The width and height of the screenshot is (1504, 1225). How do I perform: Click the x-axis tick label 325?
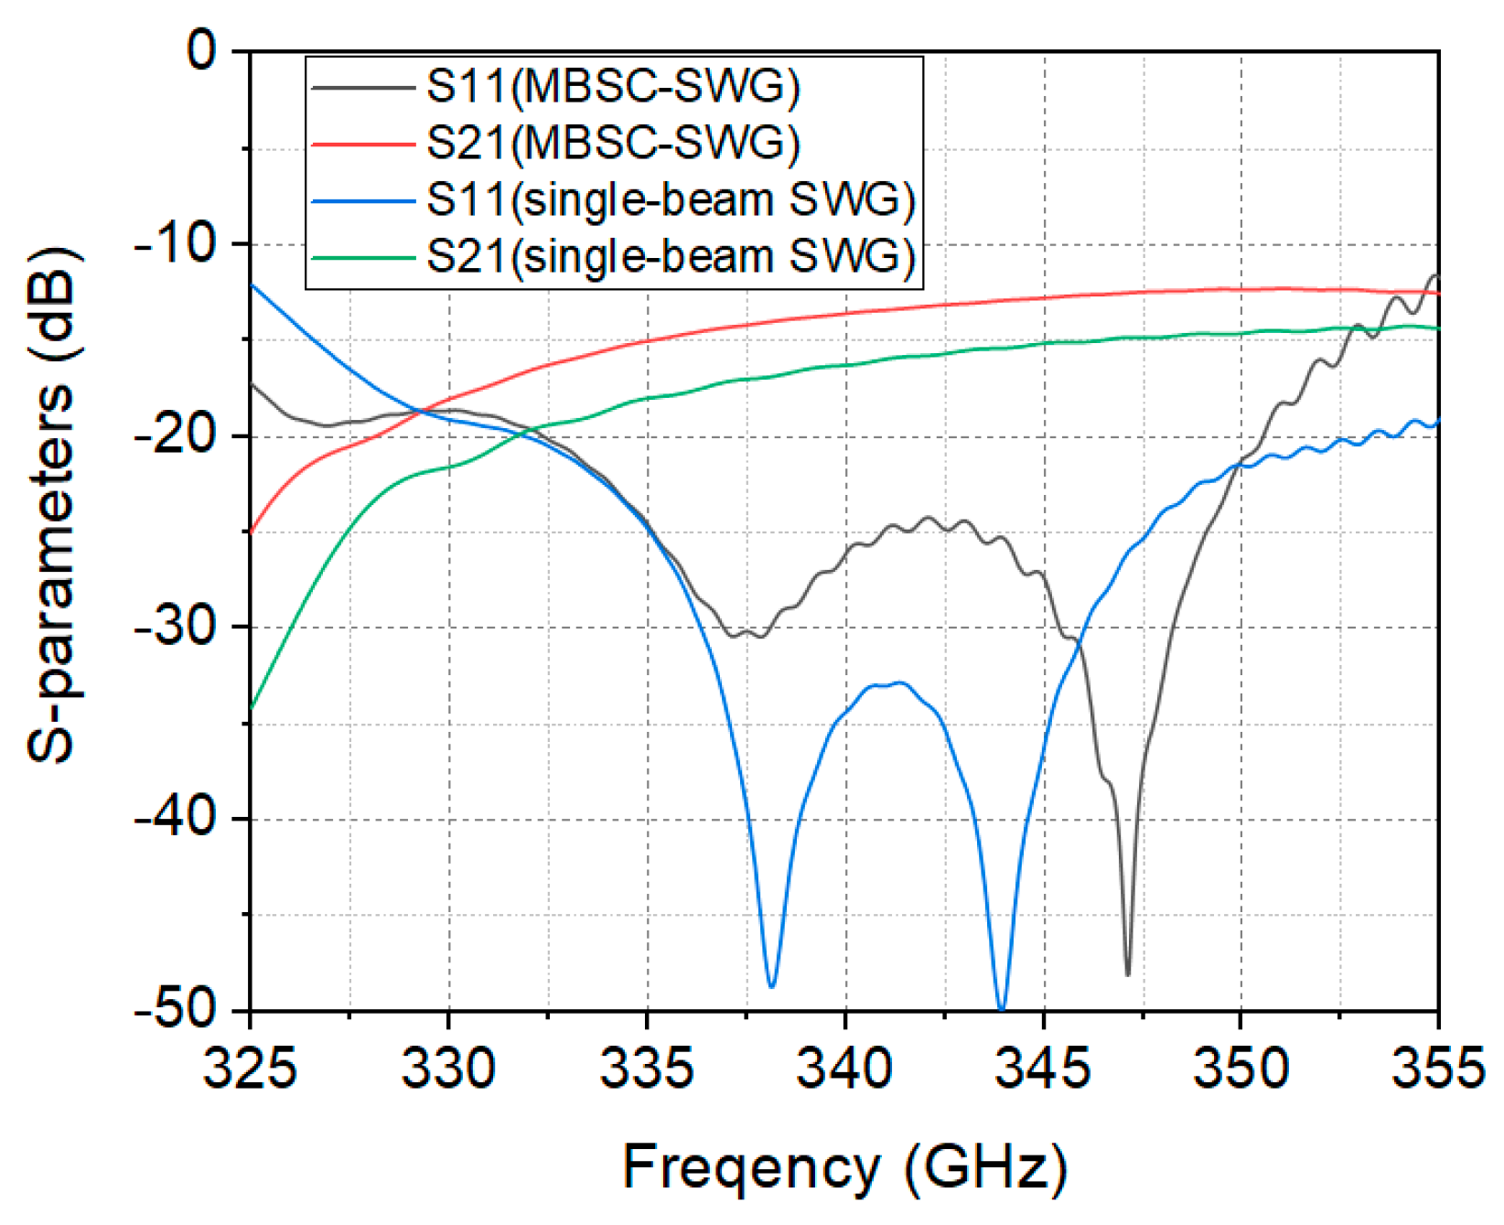249,1068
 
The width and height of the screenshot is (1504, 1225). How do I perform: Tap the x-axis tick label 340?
843,1068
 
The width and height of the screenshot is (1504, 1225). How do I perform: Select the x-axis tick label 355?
1437,1068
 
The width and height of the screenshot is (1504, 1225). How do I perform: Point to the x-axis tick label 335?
646,1068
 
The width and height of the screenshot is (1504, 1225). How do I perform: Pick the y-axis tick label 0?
202,51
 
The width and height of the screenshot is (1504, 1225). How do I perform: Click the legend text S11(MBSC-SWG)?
613,87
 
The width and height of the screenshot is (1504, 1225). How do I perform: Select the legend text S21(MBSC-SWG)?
613,144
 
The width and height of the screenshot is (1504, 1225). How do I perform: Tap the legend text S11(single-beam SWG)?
671,200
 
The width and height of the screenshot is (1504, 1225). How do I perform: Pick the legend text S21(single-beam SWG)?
671,257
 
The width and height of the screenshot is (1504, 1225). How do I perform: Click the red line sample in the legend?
363,144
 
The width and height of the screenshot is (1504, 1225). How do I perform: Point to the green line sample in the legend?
363,257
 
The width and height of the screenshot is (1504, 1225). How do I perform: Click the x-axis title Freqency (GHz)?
843,1168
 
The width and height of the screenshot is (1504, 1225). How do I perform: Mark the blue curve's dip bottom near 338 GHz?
771,986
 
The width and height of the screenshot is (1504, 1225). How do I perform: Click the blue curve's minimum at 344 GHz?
1002,1007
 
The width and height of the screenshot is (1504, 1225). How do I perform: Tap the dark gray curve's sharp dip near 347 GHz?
1128,974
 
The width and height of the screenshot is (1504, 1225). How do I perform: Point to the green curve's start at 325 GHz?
251,707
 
